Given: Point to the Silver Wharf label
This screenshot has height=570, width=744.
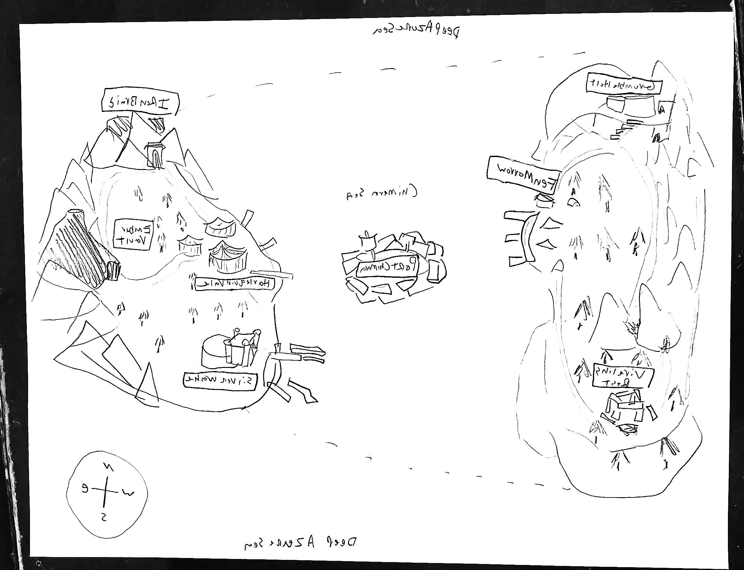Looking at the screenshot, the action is click(220, 381).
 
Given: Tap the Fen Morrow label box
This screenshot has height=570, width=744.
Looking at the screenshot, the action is click(523, 175).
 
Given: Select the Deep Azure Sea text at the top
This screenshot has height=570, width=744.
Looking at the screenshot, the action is click(416, 31).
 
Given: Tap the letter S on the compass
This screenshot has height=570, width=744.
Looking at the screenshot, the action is click(104, 517).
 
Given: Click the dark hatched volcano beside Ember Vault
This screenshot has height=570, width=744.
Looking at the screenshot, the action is click(85, 248).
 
